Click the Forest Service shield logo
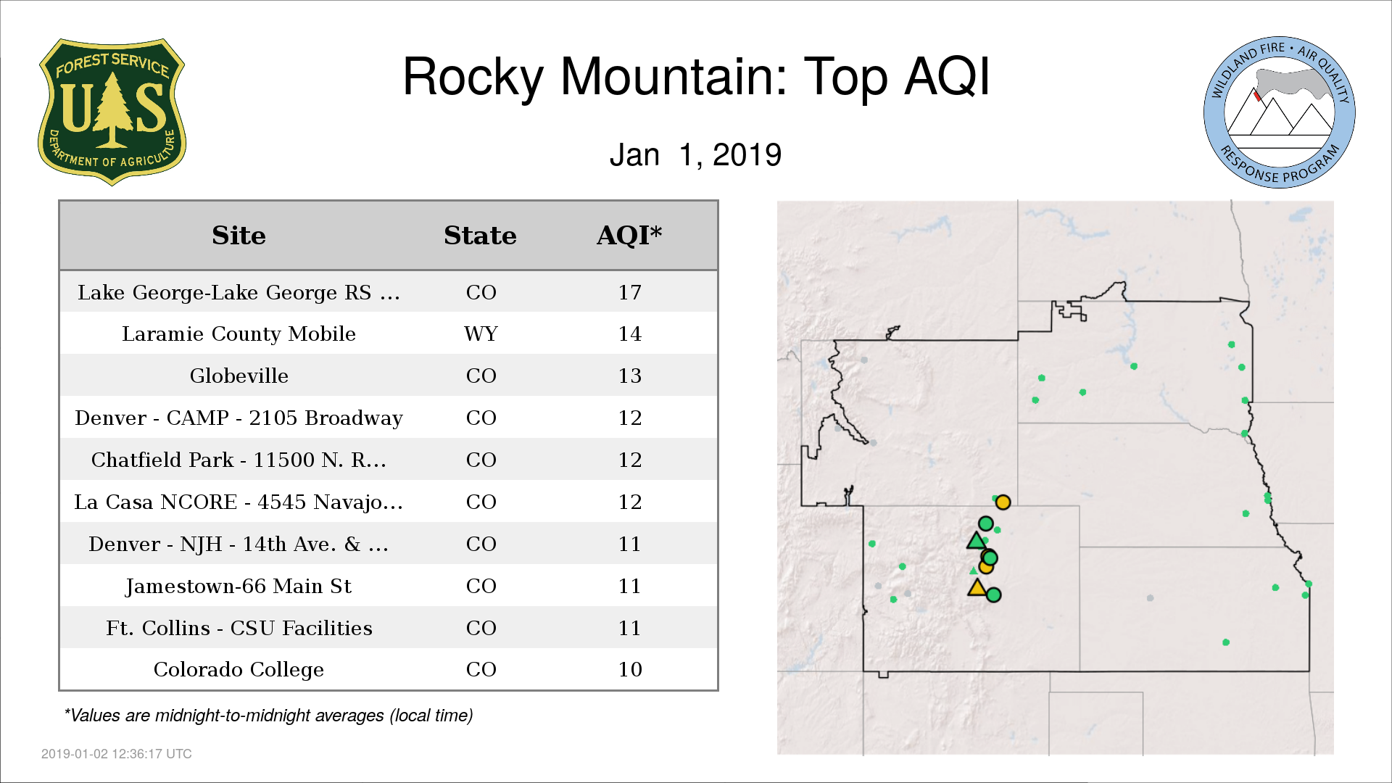[x=112, y=112]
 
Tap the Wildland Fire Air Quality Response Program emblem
[x=1279, y=112]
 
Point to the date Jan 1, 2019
[x=695, y=154]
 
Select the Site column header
[x=239, y=236]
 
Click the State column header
[x=480, y=236]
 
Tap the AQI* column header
[x=629, y=236]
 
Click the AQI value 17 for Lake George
[x=629, y=292]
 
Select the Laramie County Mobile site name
[x=239, y=333]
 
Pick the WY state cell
[x=481, y=333]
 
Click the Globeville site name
[x=239, y=376]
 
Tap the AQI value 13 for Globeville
[x=629, y=376]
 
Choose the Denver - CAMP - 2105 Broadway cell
[x=239, y=418]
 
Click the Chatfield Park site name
[x=239, y=460]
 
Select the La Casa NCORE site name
[x=239, y=502]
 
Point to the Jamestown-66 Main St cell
[x=239, y=586]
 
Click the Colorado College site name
[x=239, y=669]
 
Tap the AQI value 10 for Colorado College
[x=629, y=669]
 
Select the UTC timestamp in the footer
[x=117, y=754]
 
